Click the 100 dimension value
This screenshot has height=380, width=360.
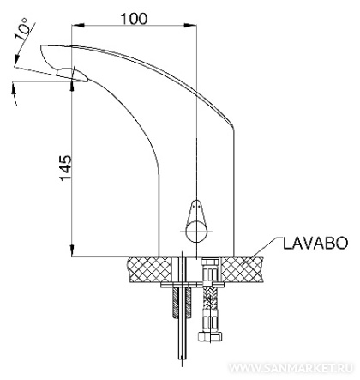(x=134, y=19)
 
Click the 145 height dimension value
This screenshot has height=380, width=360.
(x=66, y=168)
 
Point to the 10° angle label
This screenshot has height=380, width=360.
(x=22, y=29)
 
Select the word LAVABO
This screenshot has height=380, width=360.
(x=315, y=244)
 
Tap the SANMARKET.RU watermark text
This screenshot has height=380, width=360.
(x=291, y=368)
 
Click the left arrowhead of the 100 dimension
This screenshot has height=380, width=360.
(x=78, y=26)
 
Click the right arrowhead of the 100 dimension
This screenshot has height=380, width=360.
(x=190, y=26)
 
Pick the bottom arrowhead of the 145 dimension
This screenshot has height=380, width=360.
(x=72, y=250)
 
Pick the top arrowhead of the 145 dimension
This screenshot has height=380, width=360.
(x=72, y=86)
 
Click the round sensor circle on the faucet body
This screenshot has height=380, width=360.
(x=196, y=231)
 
